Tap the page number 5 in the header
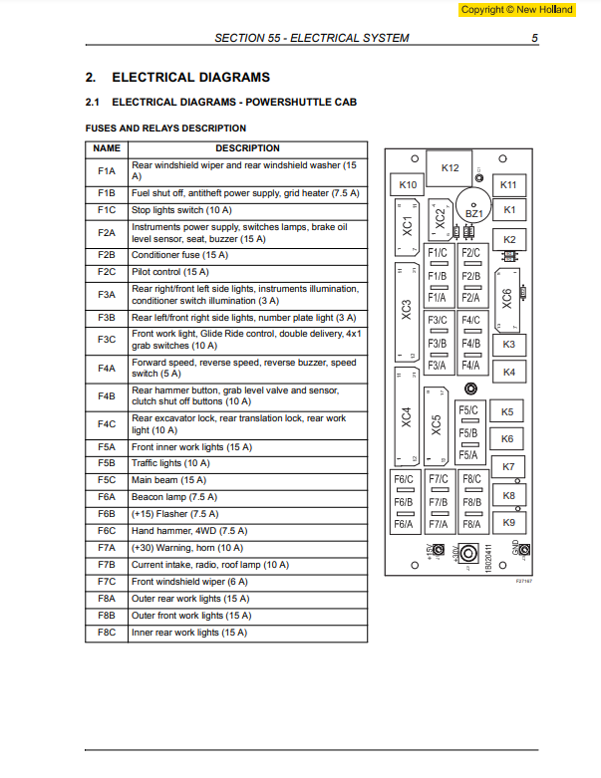point(534,38)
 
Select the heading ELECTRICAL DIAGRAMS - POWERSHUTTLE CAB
point(233,102)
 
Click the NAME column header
point(107,148)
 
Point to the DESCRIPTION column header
point(247,148)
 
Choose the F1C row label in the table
point(107,210)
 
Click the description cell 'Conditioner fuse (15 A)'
point(179,255)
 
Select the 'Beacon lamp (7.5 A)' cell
point(174,496)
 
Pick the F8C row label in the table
point(107,633)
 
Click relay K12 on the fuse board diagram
point(450,168)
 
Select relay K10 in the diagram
point(408,185)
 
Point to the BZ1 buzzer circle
point(473,212)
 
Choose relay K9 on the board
point(508,522)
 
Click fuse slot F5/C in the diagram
point(468,410)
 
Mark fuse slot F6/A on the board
point(404,524)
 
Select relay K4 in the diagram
point(508,372)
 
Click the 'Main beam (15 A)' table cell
point(168,479)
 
